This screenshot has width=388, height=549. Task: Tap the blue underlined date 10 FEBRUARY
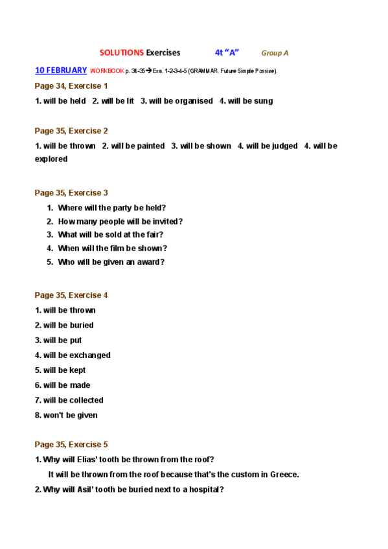click(x=61, y=70)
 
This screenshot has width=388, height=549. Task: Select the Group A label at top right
click(x=275, y=53)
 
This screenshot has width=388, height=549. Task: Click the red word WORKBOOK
click(x=107, y=71)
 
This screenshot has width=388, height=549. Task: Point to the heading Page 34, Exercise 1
click(x=71, y=85)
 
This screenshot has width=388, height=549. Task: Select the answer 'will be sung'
click(x=246, y=101)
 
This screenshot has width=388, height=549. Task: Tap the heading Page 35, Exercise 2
click(x=71, y=131)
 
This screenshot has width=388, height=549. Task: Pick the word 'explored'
click(x=51, y=159)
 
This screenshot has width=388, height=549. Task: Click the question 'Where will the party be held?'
click(x=111, y=208)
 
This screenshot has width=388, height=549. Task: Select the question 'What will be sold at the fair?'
click(x=110, y=235)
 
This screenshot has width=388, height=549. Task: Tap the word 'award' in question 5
click(x=148, y=262)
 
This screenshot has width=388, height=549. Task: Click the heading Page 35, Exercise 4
click(x=71, y=295)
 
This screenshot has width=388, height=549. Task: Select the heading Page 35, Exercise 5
click(x=71, y=445)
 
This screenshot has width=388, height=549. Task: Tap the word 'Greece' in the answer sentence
click(x=283, y=475)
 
